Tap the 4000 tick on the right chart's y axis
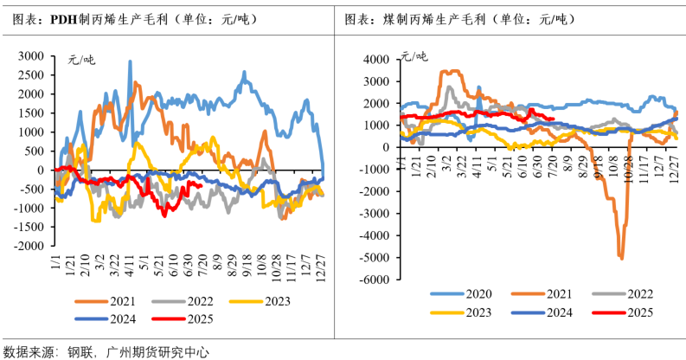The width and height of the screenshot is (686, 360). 379,60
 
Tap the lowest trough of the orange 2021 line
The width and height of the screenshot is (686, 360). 621,257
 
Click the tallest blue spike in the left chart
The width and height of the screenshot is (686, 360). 131,62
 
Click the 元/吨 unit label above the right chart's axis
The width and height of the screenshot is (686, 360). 413,58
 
